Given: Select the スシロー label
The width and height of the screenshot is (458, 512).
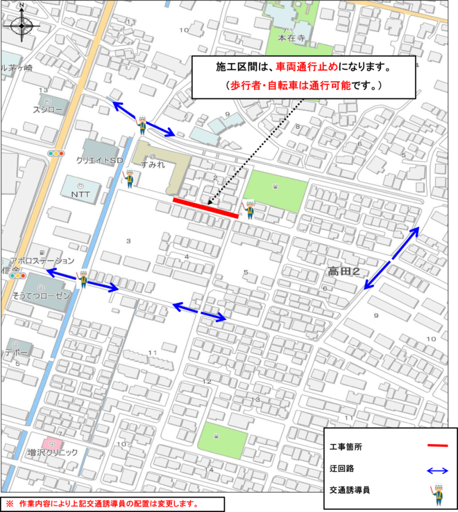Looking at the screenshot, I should tap(47, 110).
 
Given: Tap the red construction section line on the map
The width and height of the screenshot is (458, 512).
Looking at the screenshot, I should tap(205, 209).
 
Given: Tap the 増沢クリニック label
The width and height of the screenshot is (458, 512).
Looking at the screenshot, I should tap(53, 452).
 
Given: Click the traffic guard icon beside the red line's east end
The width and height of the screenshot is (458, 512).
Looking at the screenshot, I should tap(249, 209).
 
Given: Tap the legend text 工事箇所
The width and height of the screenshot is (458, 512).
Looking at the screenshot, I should tap(346, 447).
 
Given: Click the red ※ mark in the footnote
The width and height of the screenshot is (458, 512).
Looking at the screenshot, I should tap(10, 504).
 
